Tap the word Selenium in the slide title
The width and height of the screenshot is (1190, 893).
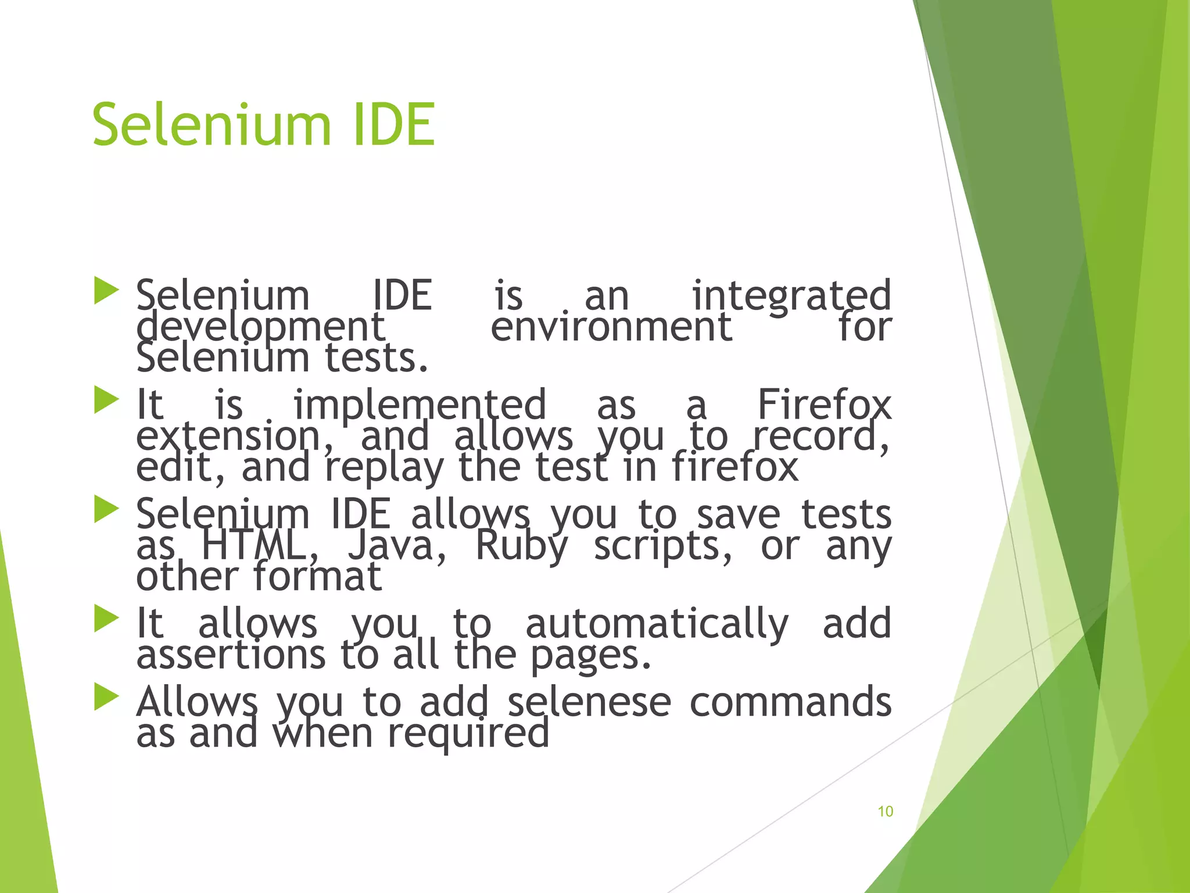[x=212, y=125]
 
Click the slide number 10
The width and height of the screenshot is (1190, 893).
[x=885, y=812]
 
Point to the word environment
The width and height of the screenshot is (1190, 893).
[x=611, y=327]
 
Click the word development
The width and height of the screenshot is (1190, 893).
[x=260, y=327]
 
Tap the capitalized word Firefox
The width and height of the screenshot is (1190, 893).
[x=824, y=405]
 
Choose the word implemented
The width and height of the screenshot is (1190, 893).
[x=420, y=405]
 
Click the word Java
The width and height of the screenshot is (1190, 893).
[x=397, y=546]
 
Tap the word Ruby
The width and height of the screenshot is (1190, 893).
[x=521, y=546]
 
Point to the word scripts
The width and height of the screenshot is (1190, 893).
[x=662, y=546]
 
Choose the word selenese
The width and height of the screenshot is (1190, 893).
[x=589, y=702]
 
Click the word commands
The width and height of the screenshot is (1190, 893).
[x=790, y=702]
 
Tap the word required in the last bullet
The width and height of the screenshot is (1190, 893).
[x=468, y=734]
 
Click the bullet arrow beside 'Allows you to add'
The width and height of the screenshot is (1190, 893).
[x=106, y=697]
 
